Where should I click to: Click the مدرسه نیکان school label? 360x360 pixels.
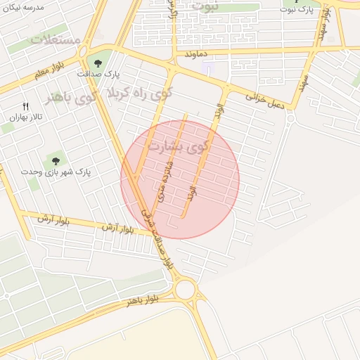[x=25, y=7]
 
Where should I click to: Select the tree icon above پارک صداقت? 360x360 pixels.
[x=98, y=63]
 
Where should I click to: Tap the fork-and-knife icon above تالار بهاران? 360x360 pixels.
[x=27, y=105]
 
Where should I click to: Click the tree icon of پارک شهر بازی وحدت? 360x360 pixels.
[x=56, y=161]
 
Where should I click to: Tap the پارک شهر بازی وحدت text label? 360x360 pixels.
[x=56, y=172]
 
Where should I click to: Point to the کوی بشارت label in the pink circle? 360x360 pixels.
[x=179, y=146]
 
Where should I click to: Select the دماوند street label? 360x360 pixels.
[x=198, y=53]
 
